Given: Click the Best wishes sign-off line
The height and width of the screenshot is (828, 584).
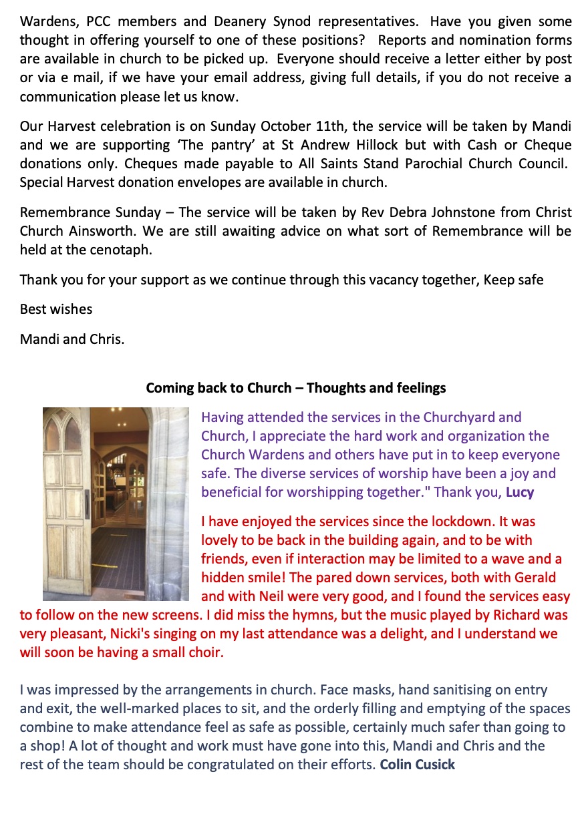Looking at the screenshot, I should tap(56, 309).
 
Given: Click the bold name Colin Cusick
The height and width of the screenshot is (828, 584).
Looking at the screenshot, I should tap(417, 765).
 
